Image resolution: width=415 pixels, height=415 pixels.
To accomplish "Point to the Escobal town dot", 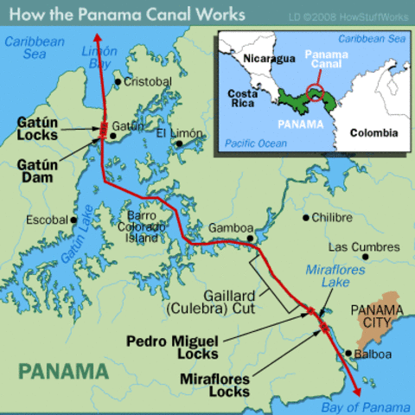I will (74, 220).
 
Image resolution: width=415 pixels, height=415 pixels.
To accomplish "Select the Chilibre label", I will (332, 217).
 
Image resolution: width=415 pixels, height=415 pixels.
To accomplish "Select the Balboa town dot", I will (348, 354).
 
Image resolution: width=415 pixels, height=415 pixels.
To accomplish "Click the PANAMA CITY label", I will (380, 316).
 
